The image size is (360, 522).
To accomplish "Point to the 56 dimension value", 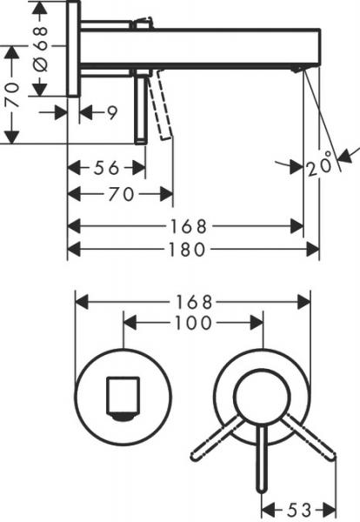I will [x=108, y=168].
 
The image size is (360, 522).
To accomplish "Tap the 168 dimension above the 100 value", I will [x=194, y=302].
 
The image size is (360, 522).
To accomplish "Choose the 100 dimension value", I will [x=194, y=323].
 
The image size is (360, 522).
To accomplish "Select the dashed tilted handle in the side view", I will [x=161, y=107].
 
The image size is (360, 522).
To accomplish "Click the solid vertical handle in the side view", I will [x=139, y=109].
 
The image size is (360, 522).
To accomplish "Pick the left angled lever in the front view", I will [x=217, y=438].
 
